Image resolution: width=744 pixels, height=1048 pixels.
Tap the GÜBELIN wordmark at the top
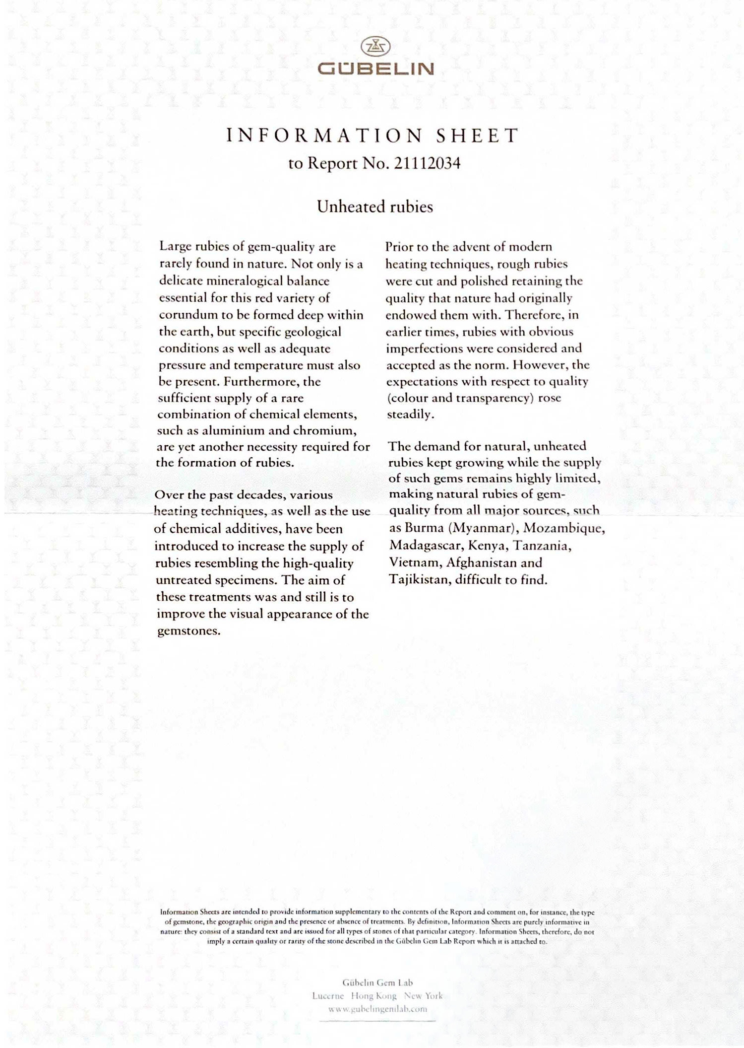point(375,69)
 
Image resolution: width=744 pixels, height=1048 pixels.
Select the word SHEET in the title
point(477,136)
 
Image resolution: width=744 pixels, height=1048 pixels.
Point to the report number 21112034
point(427,163)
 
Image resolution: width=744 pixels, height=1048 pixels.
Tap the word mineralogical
point(244,281)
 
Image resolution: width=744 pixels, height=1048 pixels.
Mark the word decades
point(260,495)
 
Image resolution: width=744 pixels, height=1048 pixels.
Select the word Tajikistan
point(418,579)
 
